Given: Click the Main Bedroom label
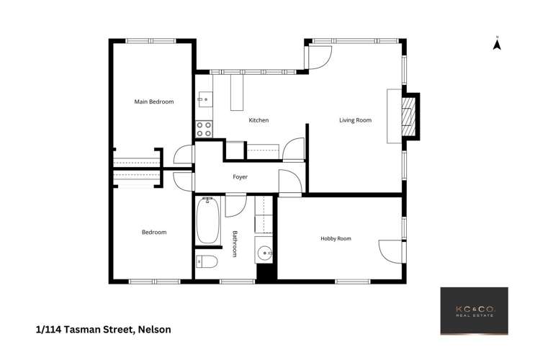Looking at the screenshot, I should [154, 102].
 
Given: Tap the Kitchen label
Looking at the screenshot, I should [258, 120].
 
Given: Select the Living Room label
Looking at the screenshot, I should [355, 120].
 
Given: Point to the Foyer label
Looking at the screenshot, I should [240, 176].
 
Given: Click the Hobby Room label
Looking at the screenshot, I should [336, 238].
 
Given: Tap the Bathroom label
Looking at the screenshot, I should [235, 243].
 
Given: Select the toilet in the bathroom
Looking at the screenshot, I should [204, 261].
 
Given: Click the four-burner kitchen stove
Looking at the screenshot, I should [204, 129].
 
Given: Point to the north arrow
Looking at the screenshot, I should [496, 45].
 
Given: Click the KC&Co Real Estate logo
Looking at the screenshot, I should [474, 311].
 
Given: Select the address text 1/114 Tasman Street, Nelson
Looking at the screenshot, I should [103, 330].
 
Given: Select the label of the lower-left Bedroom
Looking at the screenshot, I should [154, 232].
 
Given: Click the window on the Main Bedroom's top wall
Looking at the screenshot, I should [152, 41].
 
